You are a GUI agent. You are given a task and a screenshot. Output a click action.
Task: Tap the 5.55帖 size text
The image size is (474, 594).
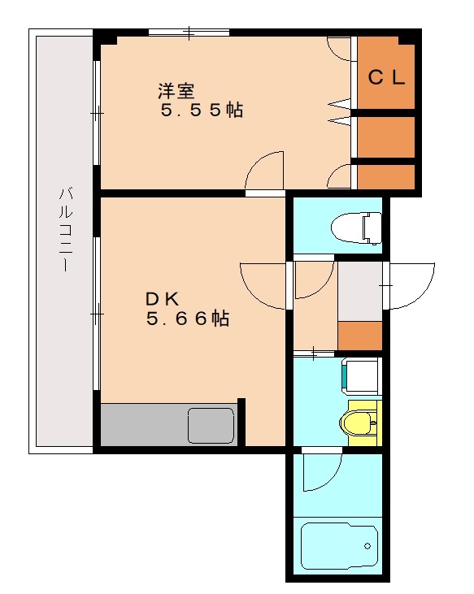tap(201, 111)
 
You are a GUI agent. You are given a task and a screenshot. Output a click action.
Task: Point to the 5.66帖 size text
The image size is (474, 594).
tap(187, 319)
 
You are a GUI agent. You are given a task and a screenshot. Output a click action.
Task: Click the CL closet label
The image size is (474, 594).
tap(387, 78)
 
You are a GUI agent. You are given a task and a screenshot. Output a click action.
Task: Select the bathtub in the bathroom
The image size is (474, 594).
tap(341, 547)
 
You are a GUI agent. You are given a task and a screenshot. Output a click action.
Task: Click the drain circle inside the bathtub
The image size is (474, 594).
tap(367, 545)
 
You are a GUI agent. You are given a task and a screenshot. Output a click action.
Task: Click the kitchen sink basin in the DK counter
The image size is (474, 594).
tap(211, 425)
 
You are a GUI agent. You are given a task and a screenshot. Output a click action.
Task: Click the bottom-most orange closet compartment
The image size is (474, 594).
tap(386, 176)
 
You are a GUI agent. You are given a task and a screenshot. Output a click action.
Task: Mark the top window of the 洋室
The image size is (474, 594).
tap(189, 33)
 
